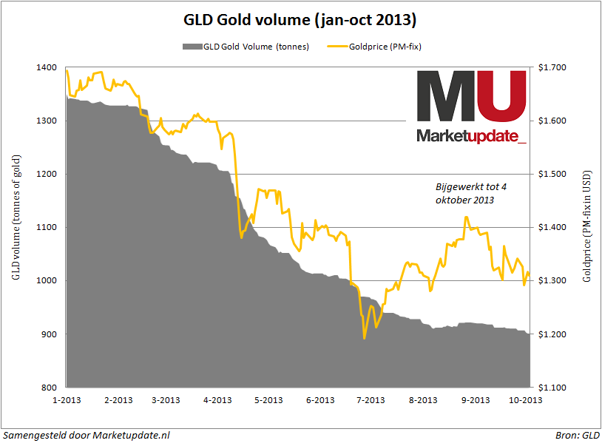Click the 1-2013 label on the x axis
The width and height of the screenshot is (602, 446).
coord(68,400)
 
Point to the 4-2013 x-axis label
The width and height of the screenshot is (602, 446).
coord(217,400)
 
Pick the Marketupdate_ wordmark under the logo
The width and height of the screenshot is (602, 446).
coord(472,136)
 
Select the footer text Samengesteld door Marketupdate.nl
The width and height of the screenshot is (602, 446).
coord(87,436)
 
